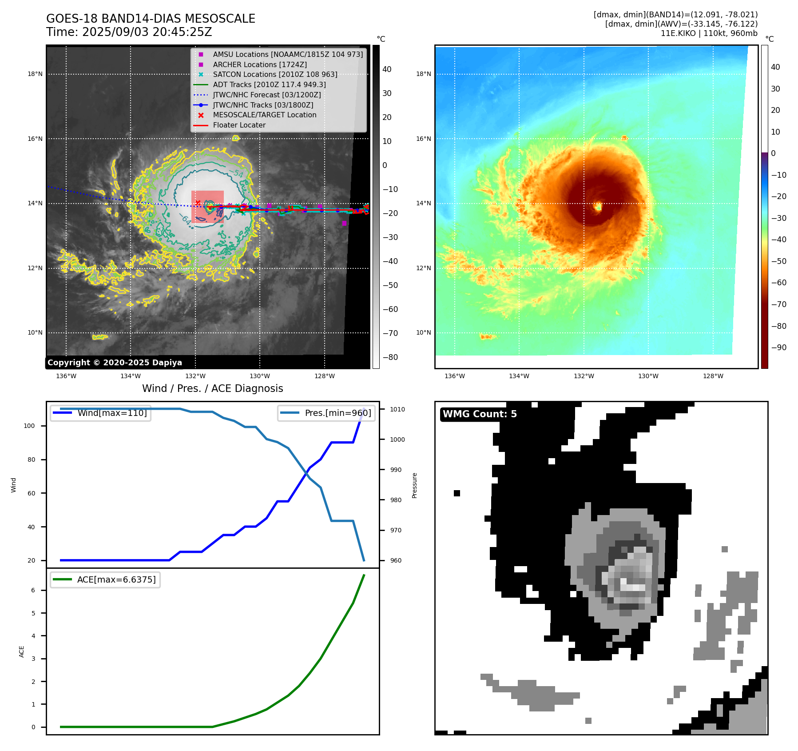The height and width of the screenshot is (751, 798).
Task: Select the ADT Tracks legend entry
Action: [x=269, y=84]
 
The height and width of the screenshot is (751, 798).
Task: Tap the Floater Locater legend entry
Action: [x=239, y=125]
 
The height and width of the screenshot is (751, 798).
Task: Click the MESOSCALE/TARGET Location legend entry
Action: [x=264, y=115]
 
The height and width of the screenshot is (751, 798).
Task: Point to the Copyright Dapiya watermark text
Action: [x=115, y=363]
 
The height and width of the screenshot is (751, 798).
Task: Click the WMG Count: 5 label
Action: [x=480, y=414]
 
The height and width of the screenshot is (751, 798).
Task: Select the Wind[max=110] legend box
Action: [x=101, y=413]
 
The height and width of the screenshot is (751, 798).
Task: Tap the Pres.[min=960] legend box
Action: [x=326, y=413]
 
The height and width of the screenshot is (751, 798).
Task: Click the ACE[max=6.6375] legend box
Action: [x=105, y=580]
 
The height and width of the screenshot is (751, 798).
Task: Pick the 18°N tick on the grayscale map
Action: [x=35, y=74]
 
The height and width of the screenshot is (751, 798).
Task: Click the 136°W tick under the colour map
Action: [x=454, y=376]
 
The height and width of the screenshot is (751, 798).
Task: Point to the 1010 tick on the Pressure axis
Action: [x=397, y=409]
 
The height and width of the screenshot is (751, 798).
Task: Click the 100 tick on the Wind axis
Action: [x=29, y=426]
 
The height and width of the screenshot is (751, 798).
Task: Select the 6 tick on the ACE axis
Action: [x=33, y=590]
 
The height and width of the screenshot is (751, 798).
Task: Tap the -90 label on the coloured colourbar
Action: [x=779, y=348]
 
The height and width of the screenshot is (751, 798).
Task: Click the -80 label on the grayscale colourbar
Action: [x=390, y=357]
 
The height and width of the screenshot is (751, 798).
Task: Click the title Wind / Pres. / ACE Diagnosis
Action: [x=212, y=388]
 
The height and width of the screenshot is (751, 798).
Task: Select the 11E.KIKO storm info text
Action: [x=709, y=33]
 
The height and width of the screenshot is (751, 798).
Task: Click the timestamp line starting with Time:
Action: [x=129, y=32]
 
